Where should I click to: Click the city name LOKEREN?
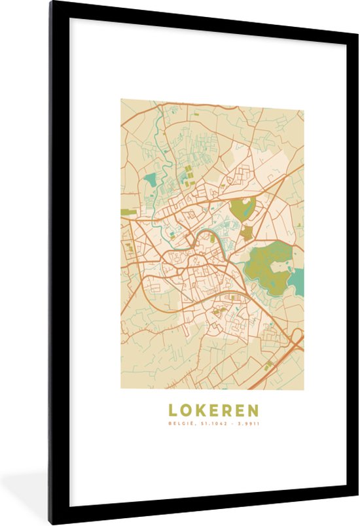(213, 411)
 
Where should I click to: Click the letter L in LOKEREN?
(173, 411)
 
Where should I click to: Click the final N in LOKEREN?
(253, 411)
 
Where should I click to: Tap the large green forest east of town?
(270, 265)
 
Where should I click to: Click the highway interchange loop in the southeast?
(297, 338)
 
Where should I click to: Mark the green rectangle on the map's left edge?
(128, 212)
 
